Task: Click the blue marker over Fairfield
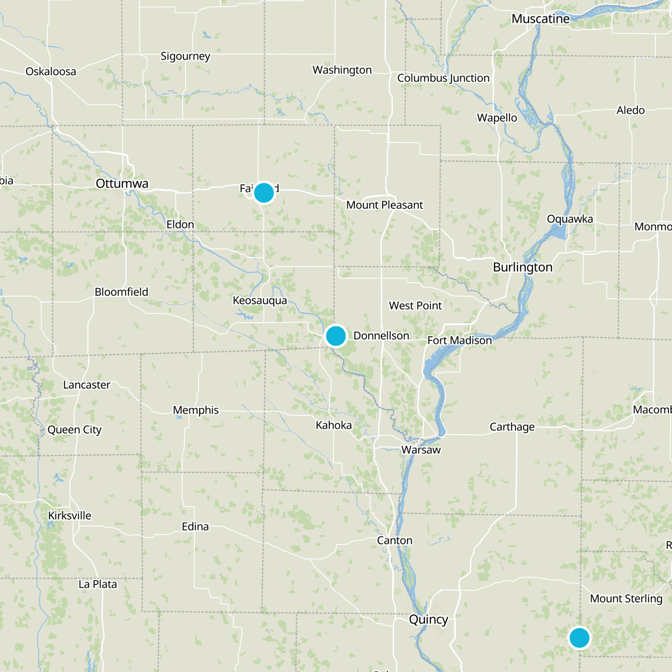pyautogui.click(x=264, y=193)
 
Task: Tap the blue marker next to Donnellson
pyautogui.click(x=336, y=336)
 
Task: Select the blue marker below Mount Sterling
pyautogui.click(x=579, y=638)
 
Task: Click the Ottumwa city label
pyautogui.click(x=122, y=184)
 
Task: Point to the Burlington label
pyautogui.click(x=522, y=267)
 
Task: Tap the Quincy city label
pyautogui.click(x=428, y=619)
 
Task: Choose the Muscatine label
pyautogui.click(x=541, y=19)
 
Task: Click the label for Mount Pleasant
pyautogui.click(x=384, y=205)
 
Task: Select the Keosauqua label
pyautogui.click(x=260, y=300)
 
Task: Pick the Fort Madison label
pyautogui.click(x=459, y=340)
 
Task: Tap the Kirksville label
pyautogui.click(x=70, y=515)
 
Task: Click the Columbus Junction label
pyautogui.click(x=443, y=78)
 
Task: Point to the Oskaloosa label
pyautogui.click(x=51, y=71)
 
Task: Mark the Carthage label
pyautogui.click(x=512, y=427)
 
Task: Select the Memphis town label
pyautogui.click(x=196, y=410)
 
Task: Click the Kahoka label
pyautogui.click(x=333, y=425)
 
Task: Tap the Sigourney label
pyautogui.click(x=185, y=56)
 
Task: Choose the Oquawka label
pyautogui.click(x=570, y=219)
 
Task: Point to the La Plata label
pyautogui.click(x=97, y=584)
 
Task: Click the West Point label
pyautogui.click(x=415, y=306)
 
